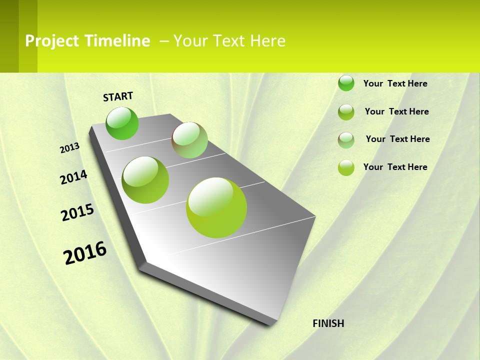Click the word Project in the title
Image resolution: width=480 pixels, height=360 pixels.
52,41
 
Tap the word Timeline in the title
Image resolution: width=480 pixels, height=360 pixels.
117,41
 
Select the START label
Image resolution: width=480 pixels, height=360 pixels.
118,96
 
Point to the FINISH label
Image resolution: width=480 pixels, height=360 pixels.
328,323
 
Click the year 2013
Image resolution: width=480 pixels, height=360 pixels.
69,148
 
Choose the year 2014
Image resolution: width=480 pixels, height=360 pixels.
73,177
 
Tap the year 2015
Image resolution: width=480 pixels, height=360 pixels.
77,212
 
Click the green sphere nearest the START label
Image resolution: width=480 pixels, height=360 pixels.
122,123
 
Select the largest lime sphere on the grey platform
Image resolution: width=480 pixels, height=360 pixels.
216,207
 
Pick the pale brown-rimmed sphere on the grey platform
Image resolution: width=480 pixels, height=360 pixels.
189,140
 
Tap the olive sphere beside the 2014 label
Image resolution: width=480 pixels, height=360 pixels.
145,180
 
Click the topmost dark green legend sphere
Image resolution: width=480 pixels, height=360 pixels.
346,83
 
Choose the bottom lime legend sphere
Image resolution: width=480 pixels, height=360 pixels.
346,167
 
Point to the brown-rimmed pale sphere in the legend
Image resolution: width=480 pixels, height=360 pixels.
346,140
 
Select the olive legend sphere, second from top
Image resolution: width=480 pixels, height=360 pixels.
346,112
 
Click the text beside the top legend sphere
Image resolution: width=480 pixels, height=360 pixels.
395,83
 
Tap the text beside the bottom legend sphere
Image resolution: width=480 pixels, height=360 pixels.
395,167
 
